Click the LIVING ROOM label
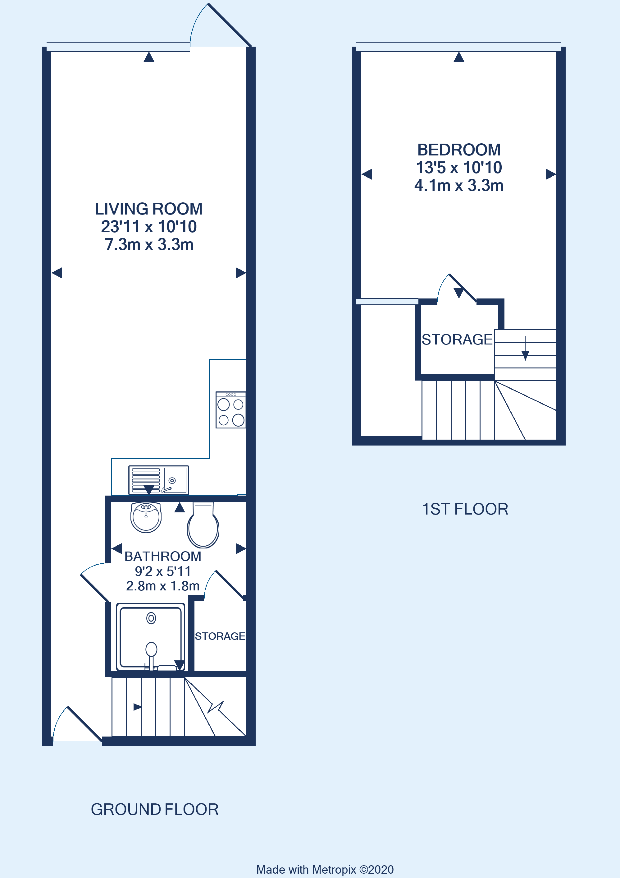148,209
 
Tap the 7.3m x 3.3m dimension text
149,245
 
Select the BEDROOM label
458,150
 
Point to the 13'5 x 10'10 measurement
458,168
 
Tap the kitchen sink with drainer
158,480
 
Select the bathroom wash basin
146,517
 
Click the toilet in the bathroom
203,526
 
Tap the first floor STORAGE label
457,340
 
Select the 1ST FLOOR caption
465,509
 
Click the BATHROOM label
163,557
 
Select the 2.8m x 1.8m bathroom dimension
163,586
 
